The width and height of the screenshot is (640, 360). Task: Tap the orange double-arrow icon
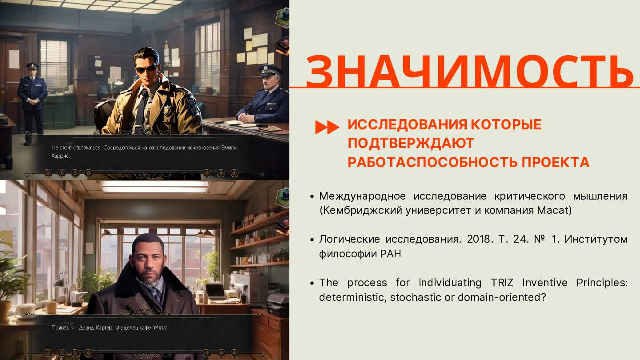[327, 127]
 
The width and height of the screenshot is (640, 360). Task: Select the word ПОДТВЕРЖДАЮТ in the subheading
[411, 143]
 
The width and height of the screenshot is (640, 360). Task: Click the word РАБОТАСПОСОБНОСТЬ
[432, 162]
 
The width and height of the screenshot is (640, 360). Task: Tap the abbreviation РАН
[390, 254]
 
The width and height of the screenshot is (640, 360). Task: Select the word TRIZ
[502, 283]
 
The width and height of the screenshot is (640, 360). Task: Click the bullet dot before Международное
[312, 196]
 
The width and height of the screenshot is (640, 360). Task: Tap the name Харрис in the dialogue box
[60, 156]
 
